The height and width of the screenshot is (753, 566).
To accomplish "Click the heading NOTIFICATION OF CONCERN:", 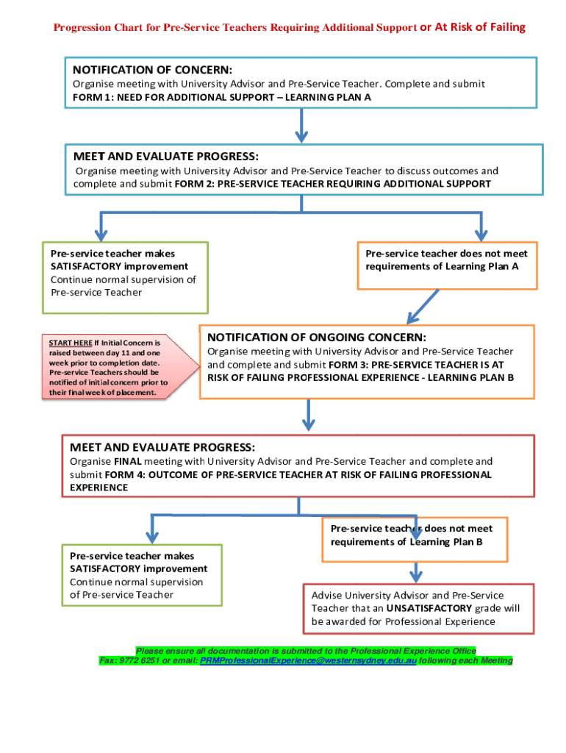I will [152, 70].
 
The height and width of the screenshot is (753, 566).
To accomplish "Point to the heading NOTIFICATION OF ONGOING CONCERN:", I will [317, 337].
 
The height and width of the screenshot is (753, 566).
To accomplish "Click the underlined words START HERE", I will [71, 343].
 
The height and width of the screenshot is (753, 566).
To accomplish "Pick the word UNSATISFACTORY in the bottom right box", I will [429, 608].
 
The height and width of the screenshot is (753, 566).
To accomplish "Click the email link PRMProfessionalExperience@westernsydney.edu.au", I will [309, 661].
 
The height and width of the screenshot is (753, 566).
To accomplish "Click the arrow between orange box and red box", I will [309, 417].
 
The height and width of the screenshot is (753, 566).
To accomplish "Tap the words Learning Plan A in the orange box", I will [482, 266].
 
